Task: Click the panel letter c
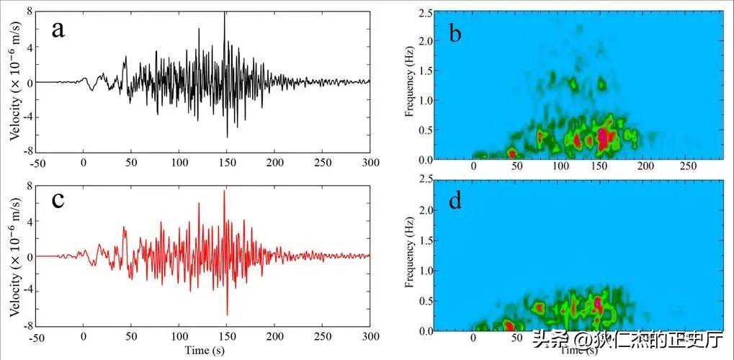click(58, 199)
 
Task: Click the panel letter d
click(455, 201)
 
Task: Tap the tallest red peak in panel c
click(224, 192)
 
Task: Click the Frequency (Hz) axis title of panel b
click(409, 85)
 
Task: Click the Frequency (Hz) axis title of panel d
click(409, 256)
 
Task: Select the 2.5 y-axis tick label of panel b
click(425, 12)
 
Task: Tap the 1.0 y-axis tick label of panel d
click(425, 271)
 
